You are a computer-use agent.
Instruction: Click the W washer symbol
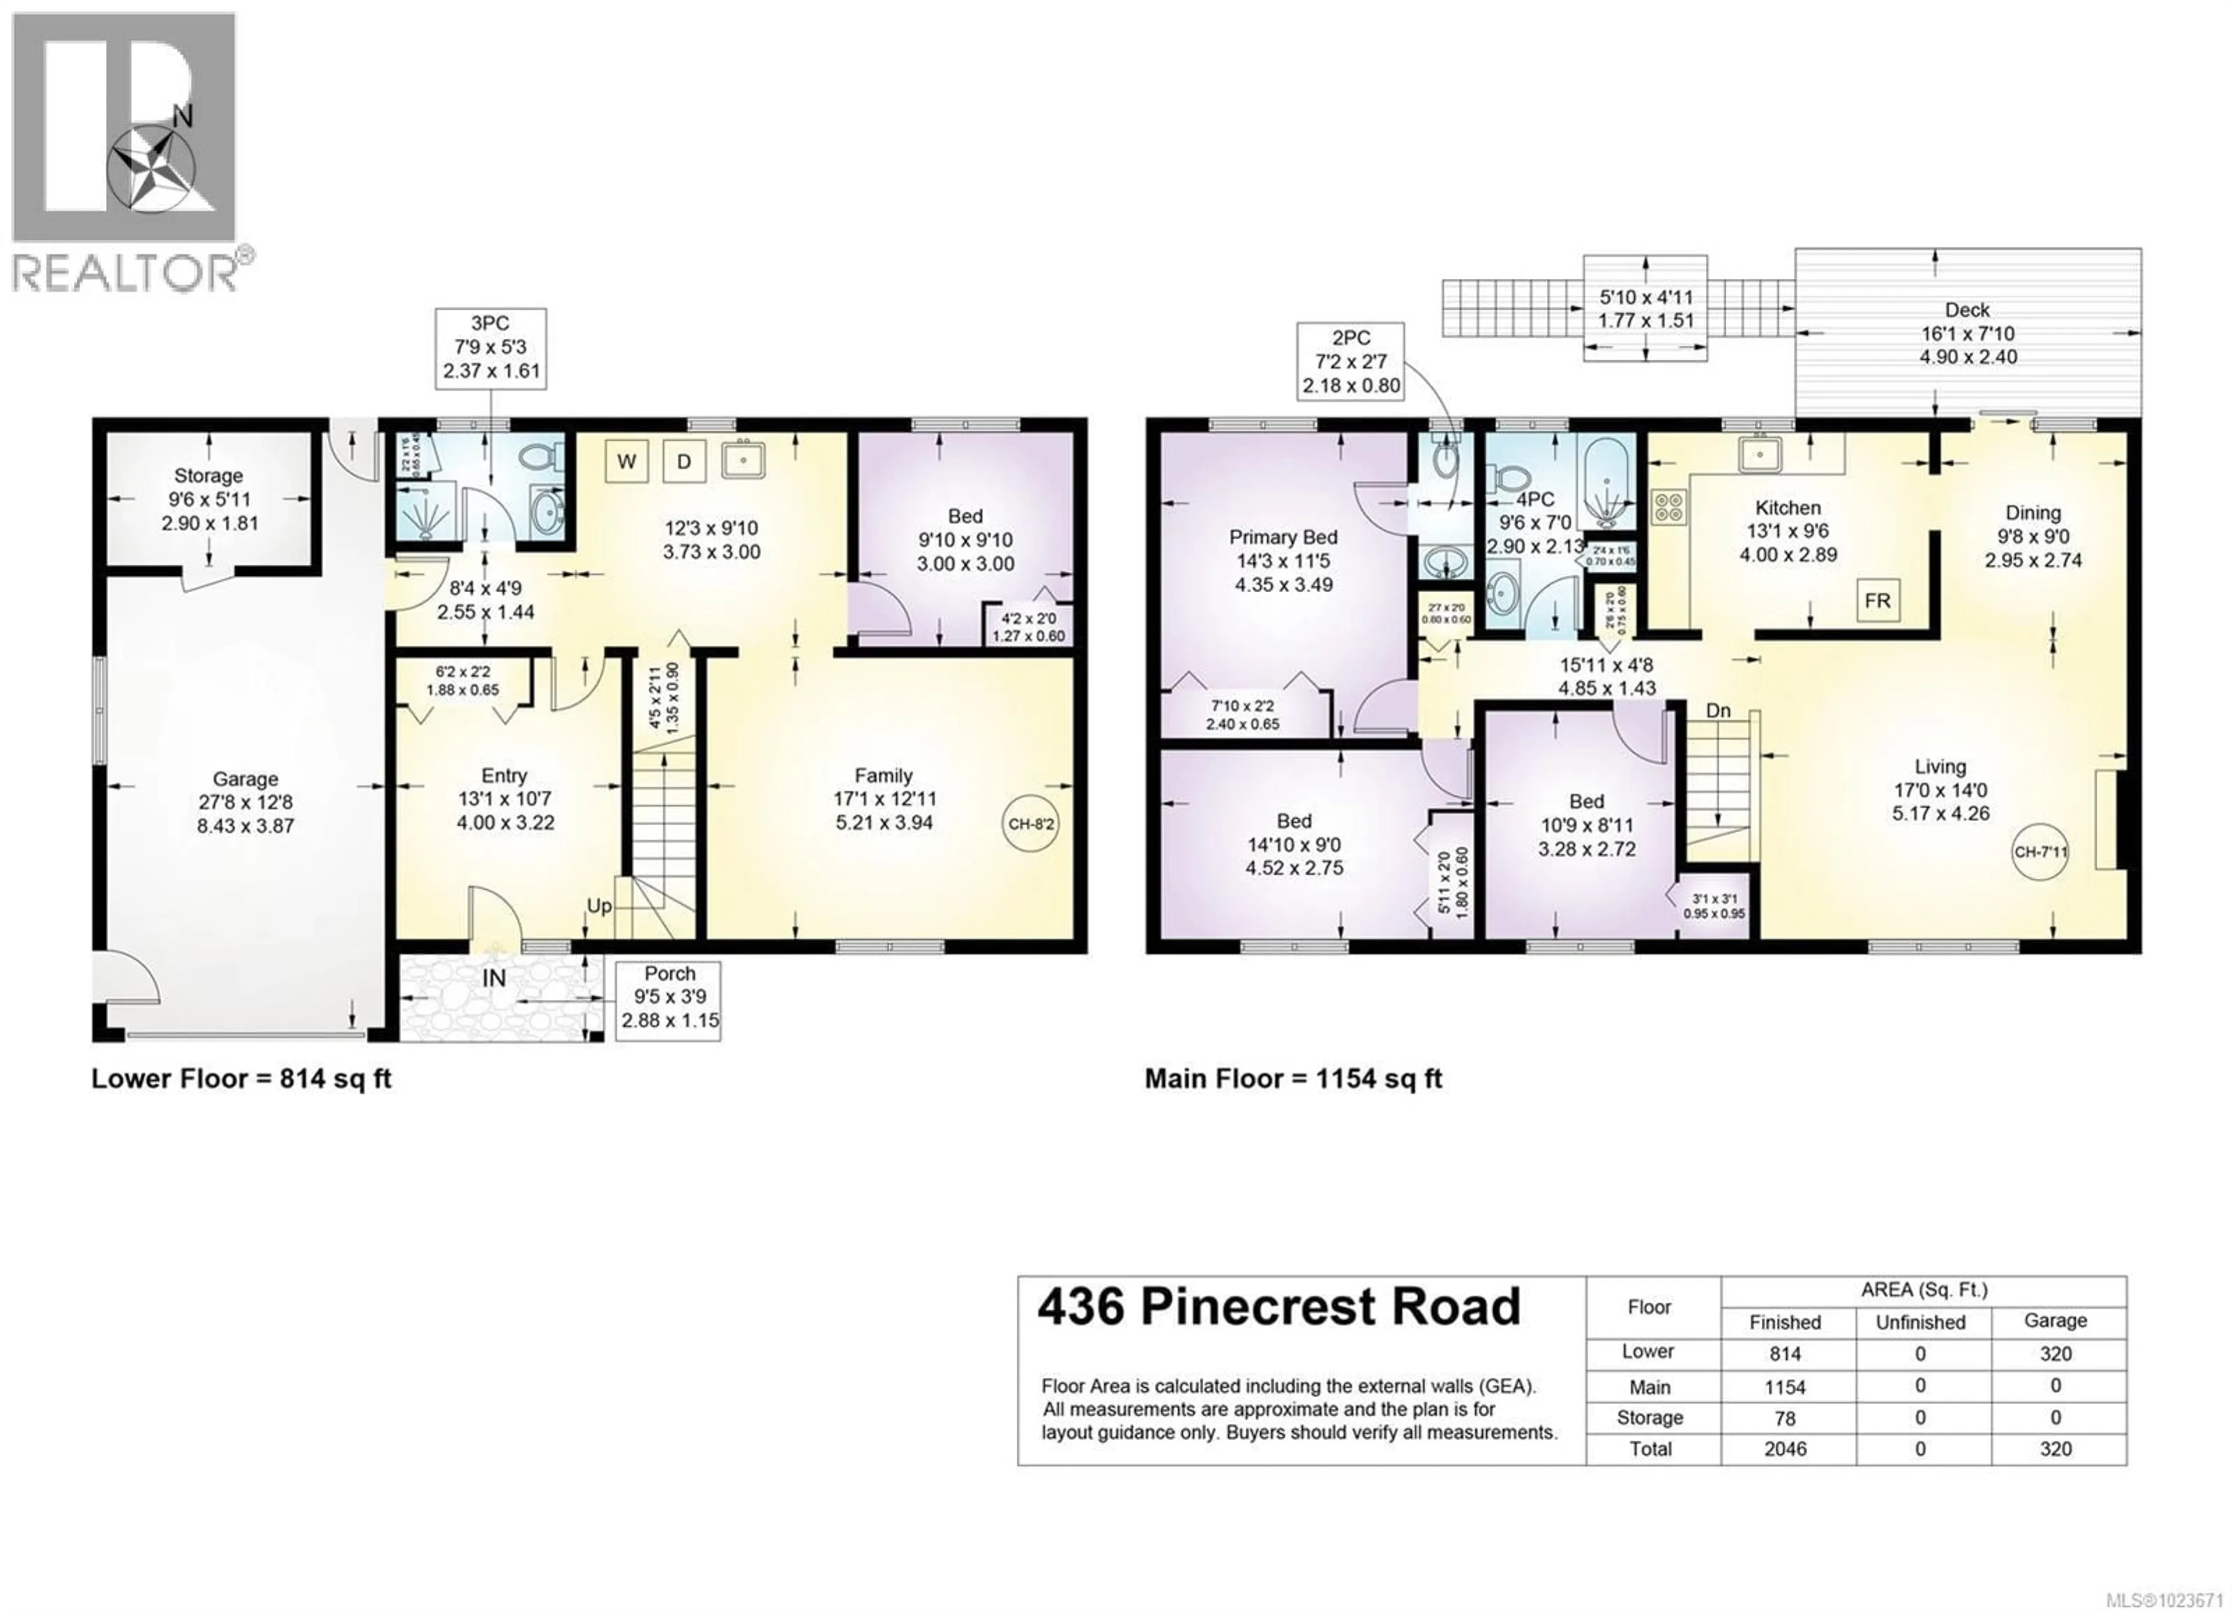(x=626, y=460)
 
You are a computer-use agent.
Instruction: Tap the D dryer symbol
(x=684, y=460)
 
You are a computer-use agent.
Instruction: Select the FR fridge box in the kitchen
(x=1877, y=600)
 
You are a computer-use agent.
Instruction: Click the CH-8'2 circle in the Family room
(x=1031, y=823)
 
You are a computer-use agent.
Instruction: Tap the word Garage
(x=245, y=779)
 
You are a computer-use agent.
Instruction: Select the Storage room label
(x=209, y=475)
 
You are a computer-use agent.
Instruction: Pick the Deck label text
(x=1968, y=310)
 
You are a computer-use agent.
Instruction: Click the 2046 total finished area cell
(x=1784, y=1449)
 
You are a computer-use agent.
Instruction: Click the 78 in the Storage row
(x=1784, y=1418)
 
